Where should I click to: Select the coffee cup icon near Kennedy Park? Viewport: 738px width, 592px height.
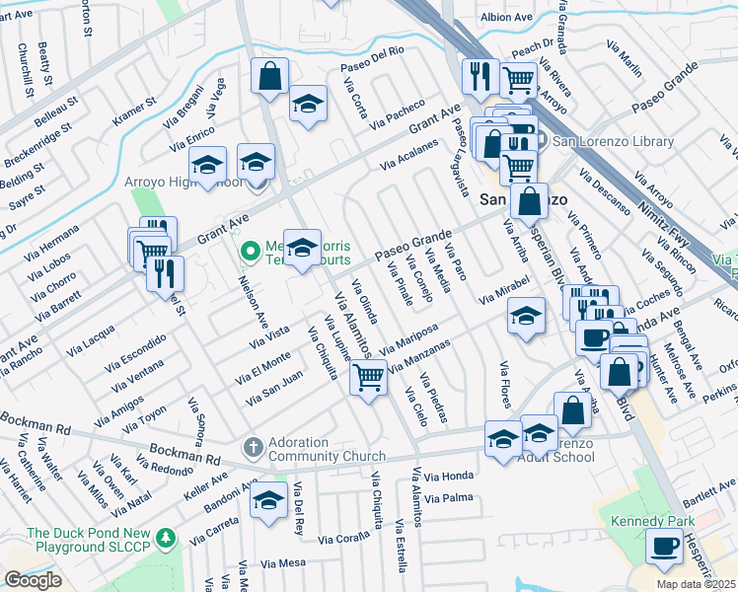click(665, 546)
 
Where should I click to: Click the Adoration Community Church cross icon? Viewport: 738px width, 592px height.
click(253, 448)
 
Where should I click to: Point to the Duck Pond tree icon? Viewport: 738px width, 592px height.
click(168, 538)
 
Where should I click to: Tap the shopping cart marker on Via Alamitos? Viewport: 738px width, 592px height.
click(369, 376)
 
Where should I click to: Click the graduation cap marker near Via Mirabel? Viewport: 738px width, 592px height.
click(526, 317)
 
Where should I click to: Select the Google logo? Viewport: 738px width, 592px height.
click(33, 580)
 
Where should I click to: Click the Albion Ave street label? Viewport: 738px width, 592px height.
click(506, 17)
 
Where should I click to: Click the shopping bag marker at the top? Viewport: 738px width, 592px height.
click(269, 76)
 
